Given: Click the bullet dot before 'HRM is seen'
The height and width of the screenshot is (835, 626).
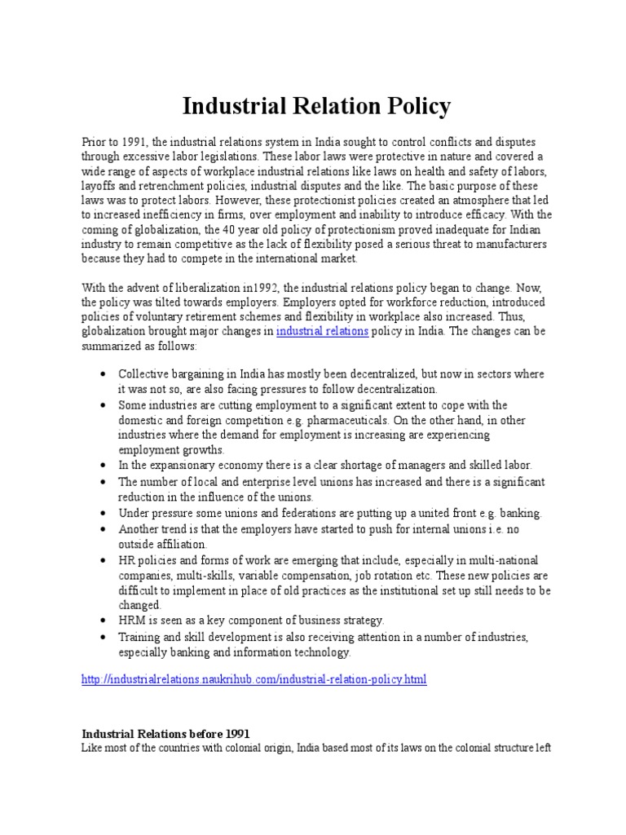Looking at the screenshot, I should [x=104, y=621].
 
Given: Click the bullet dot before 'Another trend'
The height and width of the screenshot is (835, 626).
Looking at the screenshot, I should [x=104, y=528].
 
